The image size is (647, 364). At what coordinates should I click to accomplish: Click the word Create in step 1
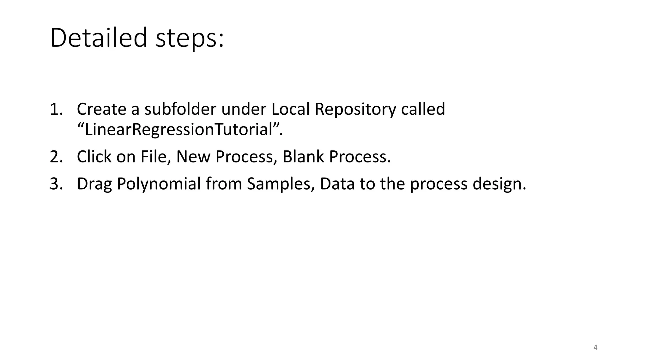click(x=101, y=109)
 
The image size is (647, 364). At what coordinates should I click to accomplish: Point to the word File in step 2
click(x=154, y=157)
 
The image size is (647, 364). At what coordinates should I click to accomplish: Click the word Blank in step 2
click(x=303, y=157)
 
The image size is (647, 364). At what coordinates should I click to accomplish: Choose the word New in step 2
click(x=193, y=157)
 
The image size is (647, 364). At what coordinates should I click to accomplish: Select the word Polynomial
click(x=159, y=184)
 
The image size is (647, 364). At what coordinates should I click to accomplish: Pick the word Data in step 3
click(x=337, y=184)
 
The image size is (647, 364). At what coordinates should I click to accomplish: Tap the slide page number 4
click(x=596, y=348)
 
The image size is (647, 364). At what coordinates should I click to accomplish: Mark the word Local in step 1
click(x=290, y=109)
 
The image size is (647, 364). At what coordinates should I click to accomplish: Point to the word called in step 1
click(x=423, y=109)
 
